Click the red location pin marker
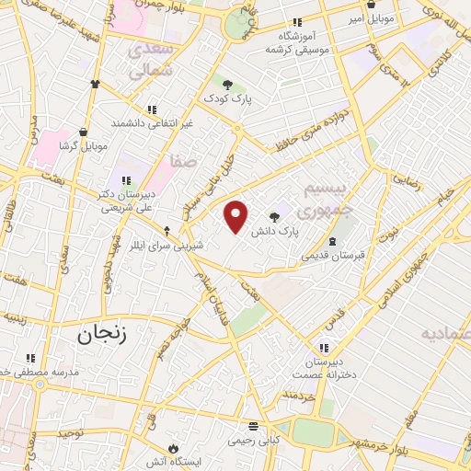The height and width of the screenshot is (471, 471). [x=236, y=216]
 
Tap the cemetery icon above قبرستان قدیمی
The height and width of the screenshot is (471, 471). [x=332, y=241]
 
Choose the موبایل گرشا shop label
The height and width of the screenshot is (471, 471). [x=84, y=145]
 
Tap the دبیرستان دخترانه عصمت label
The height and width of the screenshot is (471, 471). [x=324, y=368]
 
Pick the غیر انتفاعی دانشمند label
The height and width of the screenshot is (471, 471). [x=152, y=122]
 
